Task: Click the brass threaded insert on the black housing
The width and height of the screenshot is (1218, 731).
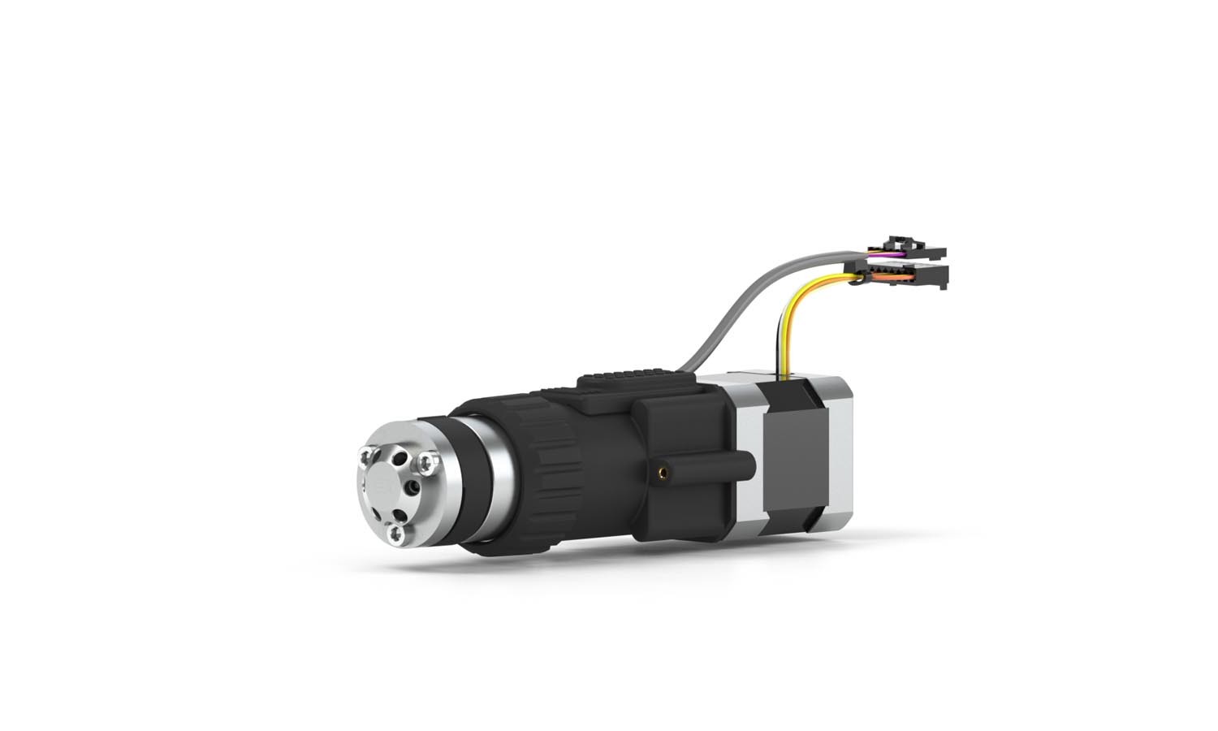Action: (x=664, y=469)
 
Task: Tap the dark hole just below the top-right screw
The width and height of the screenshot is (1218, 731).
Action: (x=415, y=486)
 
